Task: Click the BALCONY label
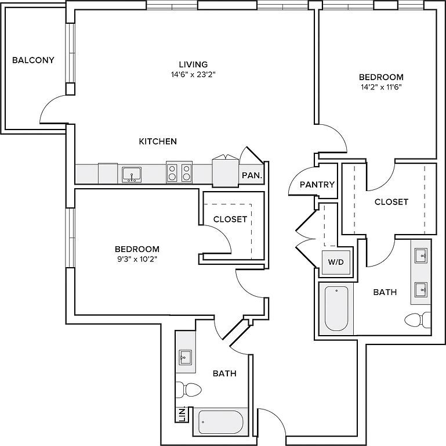coord(33,60)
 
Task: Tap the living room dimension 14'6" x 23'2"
coord(193,74)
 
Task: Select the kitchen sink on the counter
coord(132,175)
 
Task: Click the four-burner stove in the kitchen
coord(179,172)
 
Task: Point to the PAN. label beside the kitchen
coord(252,175)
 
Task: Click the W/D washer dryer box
coord(336,262)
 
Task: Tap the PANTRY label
coord(317,185)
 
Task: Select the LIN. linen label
coord(182,415)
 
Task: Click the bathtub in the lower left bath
coord(220,422)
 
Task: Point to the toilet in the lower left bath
coord(188,389)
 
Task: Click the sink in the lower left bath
coord(186,357)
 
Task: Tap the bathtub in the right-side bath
coord(336,308)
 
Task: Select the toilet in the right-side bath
coord(418,320)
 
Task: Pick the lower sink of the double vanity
coord(421,290)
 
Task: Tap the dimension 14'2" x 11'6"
coord(381,87)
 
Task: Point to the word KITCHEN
coord(158,141)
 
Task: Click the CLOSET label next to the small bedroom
coord(230,219)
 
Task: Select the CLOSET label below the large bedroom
coord(391,202)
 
